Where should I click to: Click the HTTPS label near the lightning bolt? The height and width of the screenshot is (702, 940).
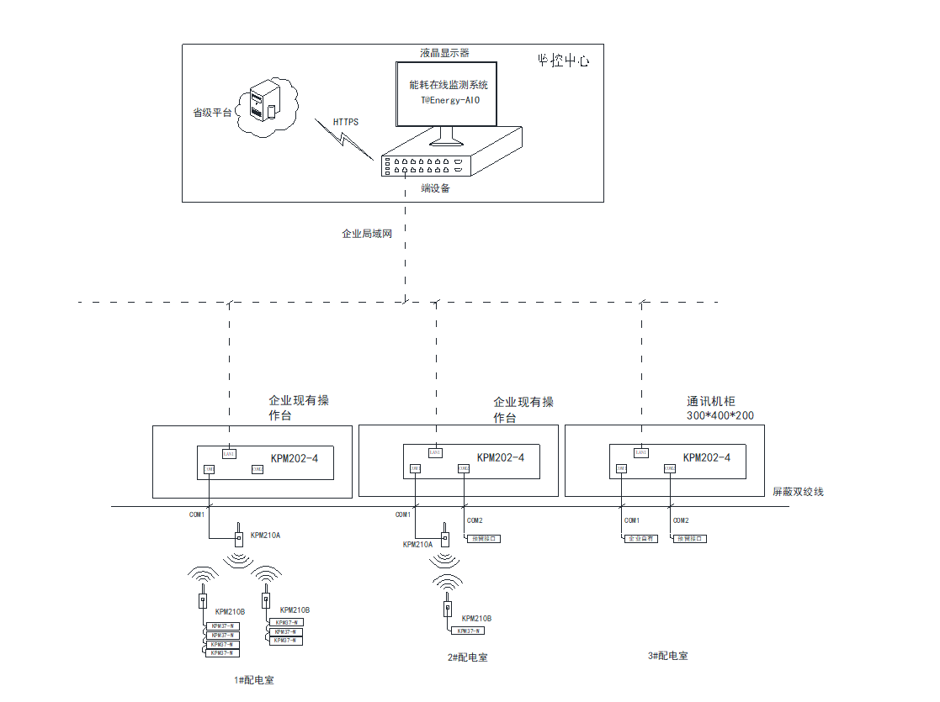coord(346,123)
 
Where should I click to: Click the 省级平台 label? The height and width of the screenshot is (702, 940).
coord(211,113)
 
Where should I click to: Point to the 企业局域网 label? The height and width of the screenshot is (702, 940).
coord(367,234)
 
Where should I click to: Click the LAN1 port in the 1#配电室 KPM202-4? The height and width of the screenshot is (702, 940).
coord(229,453)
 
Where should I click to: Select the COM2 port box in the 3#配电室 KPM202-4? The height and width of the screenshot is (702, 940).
coord(670,468)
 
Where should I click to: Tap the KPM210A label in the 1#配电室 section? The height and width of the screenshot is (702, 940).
coord(266,535)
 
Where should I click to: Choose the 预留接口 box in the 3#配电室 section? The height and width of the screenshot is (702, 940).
coord(690,538)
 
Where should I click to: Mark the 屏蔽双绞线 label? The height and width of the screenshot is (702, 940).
coord(798,492)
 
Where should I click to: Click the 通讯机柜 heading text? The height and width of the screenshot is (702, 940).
coord(711,402)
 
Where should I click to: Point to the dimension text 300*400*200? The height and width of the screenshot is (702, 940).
coord(721,416)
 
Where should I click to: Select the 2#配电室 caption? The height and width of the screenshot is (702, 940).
coord(467,657)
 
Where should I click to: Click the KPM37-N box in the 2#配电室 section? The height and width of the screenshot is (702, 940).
coord(468,631)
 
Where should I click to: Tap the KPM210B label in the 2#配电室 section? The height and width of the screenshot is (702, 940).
coord(477,619)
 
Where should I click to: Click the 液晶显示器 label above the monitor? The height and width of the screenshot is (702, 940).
coord(445,53)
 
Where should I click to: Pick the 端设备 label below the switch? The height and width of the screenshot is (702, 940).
coord(436,188)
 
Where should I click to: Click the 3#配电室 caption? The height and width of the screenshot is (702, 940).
coord(668,656)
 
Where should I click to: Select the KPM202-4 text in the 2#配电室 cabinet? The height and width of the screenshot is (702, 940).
coord(501,458)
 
